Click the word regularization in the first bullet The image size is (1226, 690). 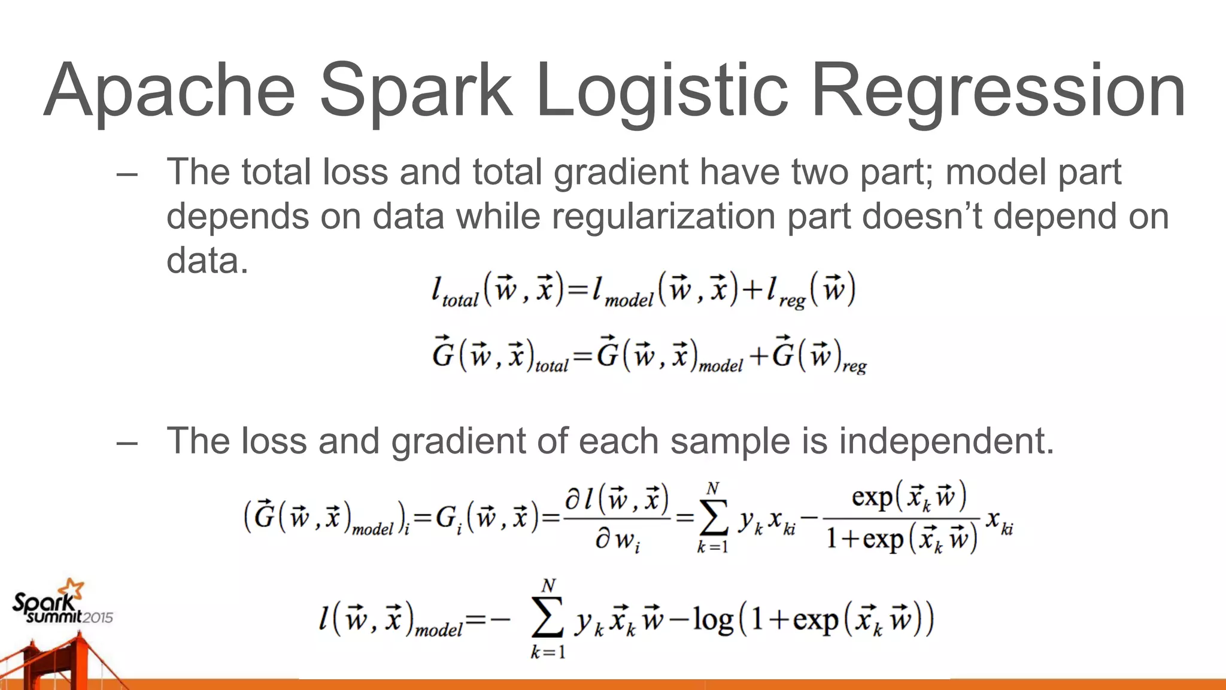coord(663,217)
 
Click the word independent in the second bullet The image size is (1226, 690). coord(946,441)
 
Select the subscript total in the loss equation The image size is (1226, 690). coord(460,299)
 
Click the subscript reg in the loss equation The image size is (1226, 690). coord(791,301)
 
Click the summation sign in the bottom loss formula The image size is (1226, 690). coord(547,619)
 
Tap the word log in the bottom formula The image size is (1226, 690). coord(713,619)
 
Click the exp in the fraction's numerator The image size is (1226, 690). coord(872,497)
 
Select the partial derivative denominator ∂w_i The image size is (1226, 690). coord(617,541)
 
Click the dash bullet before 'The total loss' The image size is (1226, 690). coord(127,174)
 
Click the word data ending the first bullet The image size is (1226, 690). coord(207,261)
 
